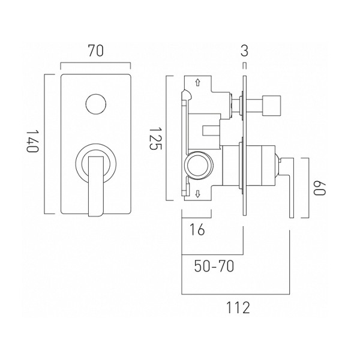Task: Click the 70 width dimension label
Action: point(96,52)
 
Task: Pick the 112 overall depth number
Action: point(238,308)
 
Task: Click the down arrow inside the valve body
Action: point(198,193)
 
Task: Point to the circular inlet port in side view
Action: point(197,163)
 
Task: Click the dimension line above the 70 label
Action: point(96,64)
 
